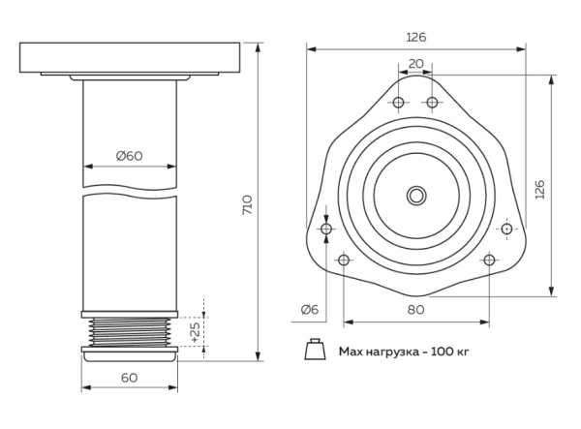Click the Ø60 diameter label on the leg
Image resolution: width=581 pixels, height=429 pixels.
[130, 156]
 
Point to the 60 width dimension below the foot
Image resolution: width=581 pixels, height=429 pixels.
[130, 377]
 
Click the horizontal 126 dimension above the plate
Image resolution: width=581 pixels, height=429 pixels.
[415, 37]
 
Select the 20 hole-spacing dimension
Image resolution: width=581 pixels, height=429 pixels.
[415, 62]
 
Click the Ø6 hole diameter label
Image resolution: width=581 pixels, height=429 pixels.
[310, 309]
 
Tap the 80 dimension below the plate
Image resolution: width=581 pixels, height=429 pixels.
[415, 310]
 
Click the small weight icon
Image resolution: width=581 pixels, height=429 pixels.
[315, 350]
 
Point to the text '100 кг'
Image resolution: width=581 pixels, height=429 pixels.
[448, 351]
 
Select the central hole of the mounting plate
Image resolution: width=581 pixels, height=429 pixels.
[415, 196]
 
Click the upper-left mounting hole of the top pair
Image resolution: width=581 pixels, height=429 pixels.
[398, 104]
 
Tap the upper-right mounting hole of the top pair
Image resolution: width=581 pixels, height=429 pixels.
[433, 104]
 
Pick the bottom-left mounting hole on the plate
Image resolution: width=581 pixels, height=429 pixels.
[343, 260]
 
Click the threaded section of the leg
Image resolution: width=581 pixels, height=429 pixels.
[130, 332]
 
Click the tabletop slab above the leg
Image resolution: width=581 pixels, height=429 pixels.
[130, 57]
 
